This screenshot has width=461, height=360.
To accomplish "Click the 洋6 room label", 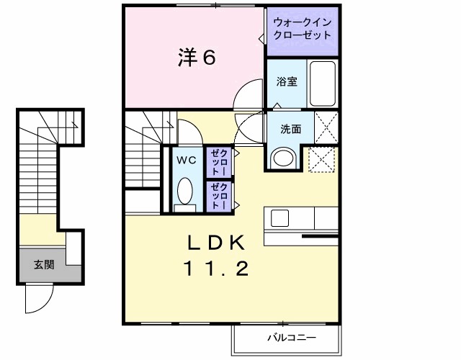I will pos(196,58).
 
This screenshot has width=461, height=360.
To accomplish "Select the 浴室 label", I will pos(287,82).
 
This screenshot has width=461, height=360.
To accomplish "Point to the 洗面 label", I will pos(291,130).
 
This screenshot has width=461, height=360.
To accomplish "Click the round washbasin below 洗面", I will pos(283,158).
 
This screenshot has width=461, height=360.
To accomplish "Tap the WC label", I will pos(186,160).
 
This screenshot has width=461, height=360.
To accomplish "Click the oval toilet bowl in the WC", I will pos(186,193).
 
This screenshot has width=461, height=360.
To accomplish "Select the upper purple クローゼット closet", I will pos(217,162).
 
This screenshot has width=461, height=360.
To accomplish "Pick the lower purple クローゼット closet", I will pos(217,196).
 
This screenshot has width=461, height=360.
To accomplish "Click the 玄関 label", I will pos(43,264).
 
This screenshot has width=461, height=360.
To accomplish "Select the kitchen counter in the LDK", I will pos(301,217).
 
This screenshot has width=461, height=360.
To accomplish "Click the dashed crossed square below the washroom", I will pos(322,159).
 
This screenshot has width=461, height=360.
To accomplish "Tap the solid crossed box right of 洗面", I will pos(326,129).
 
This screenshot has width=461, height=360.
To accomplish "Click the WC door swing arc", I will pos(189,132).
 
